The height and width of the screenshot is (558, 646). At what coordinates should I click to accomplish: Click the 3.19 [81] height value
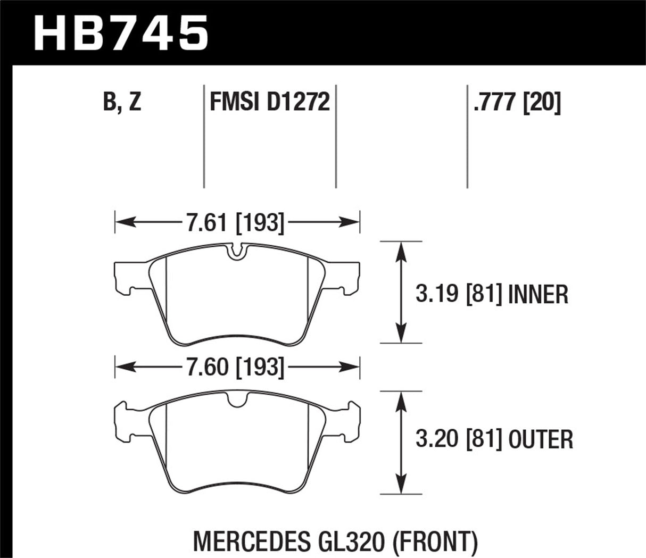pyautogui.click(x=459, y=294)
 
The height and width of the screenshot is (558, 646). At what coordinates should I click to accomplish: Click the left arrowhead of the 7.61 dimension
pyautogui.click(x=122, y=222)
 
